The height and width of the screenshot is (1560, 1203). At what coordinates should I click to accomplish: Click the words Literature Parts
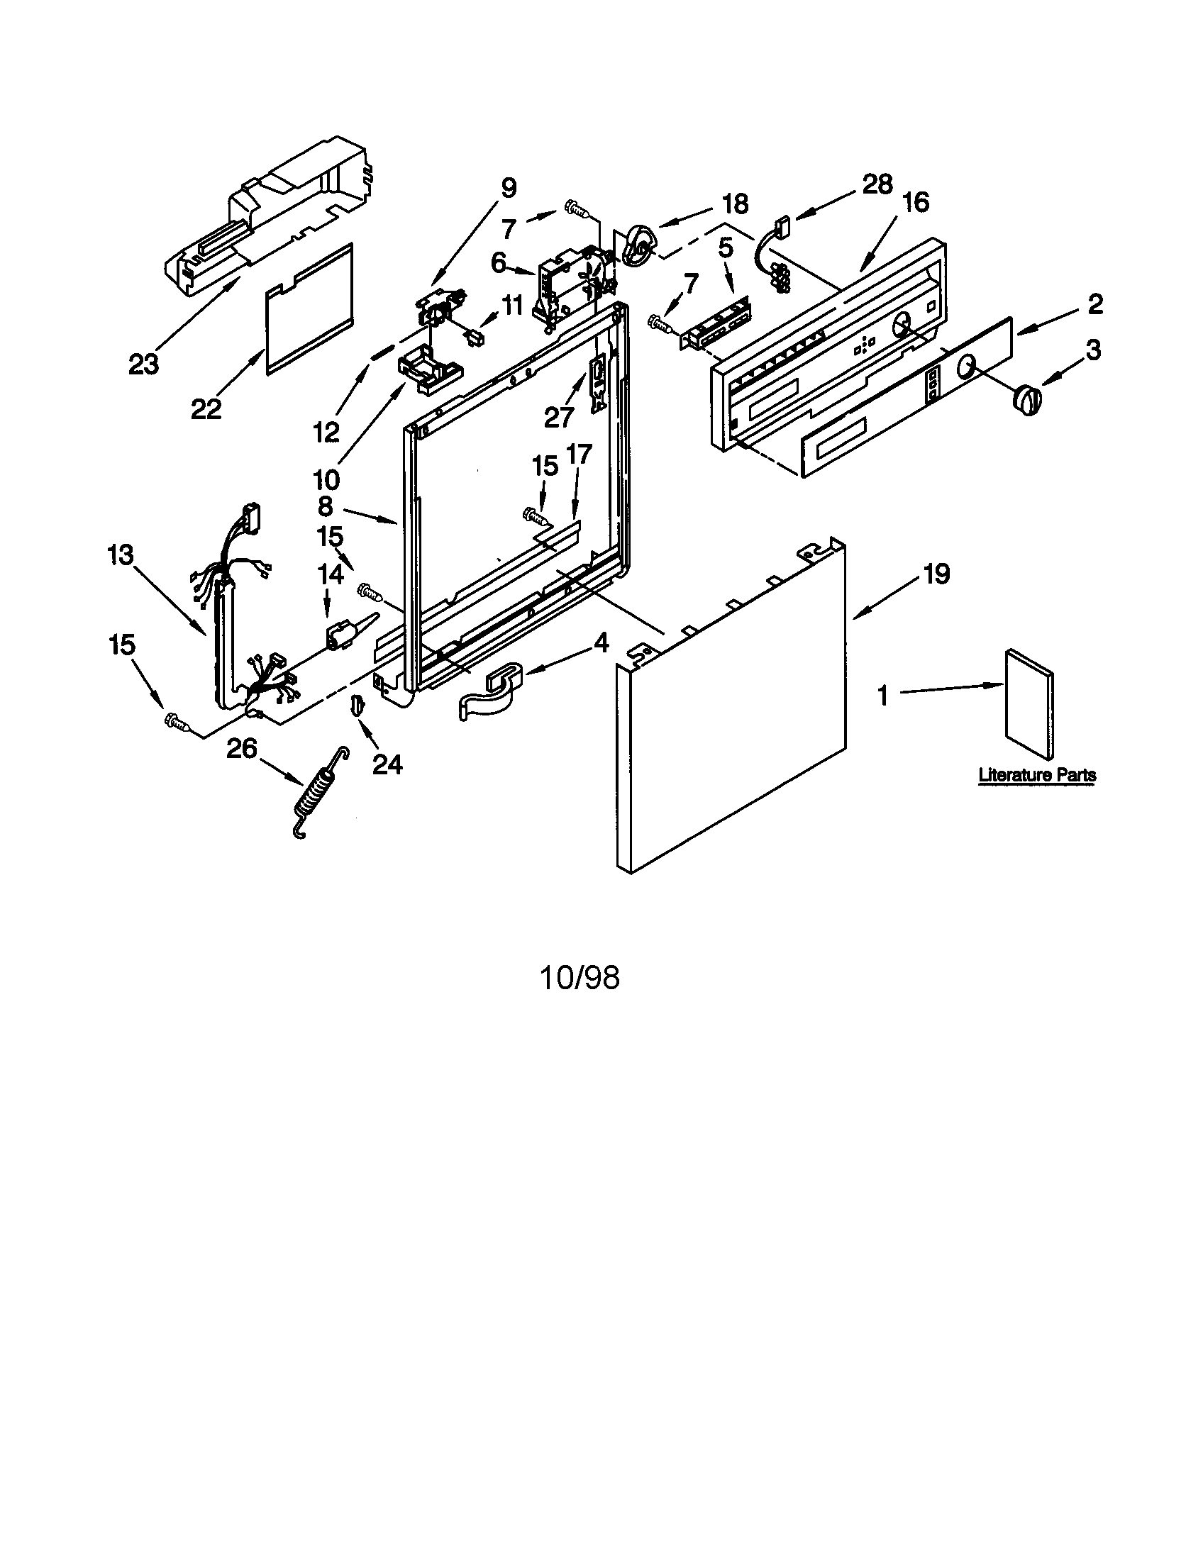point(1036,775)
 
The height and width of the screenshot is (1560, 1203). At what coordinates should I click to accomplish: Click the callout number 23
point(143,364)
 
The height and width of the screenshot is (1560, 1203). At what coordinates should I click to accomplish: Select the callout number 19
point(936,574)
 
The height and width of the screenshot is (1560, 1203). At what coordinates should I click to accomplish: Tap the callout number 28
point(877,184)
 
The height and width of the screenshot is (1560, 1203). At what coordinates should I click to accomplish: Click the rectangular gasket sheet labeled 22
point(309,307)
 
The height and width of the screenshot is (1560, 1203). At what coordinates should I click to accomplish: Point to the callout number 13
point(121,555)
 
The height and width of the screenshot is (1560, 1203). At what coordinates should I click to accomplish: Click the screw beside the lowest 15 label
point(177,721)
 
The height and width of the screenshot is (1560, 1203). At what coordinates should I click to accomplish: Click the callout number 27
point(560,416)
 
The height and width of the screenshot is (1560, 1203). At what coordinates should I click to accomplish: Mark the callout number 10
point(326,478)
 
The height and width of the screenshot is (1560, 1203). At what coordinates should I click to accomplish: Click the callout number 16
point(915,202)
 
